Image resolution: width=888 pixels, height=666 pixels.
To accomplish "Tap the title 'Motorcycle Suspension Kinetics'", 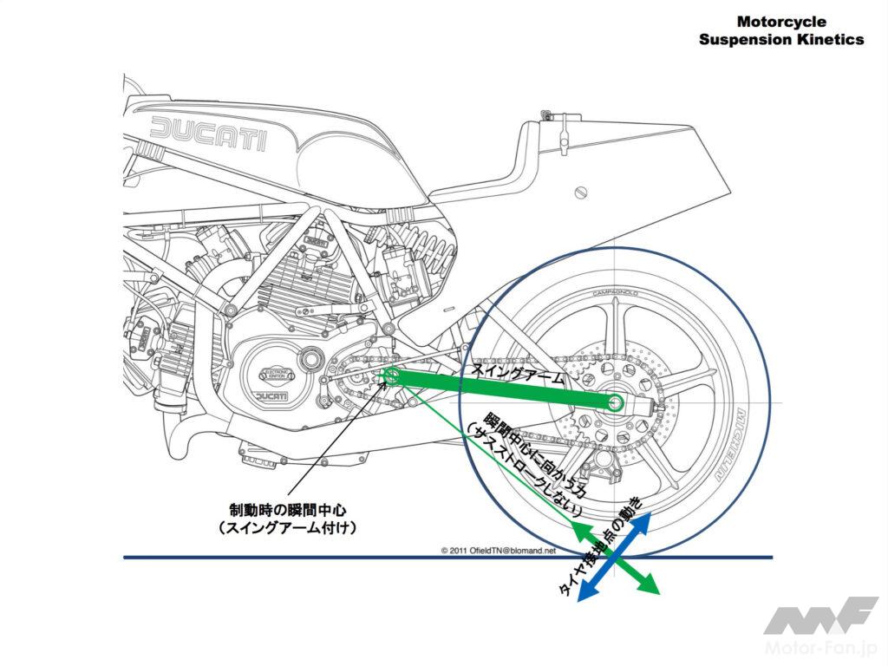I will pos(780,30).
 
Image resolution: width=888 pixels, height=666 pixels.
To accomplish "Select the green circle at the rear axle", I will pos(616,402).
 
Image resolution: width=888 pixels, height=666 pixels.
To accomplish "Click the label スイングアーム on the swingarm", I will pos(517,374).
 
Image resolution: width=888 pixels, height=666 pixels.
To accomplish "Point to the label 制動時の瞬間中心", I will pos(287,509).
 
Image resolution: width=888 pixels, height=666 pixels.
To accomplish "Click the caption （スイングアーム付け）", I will pos(287,527).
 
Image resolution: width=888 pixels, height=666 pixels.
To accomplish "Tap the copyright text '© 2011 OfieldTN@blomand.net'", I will pos(499,550).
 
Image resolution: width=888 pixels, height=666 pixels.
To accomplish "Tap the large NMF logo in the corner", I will pos(819,618).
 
